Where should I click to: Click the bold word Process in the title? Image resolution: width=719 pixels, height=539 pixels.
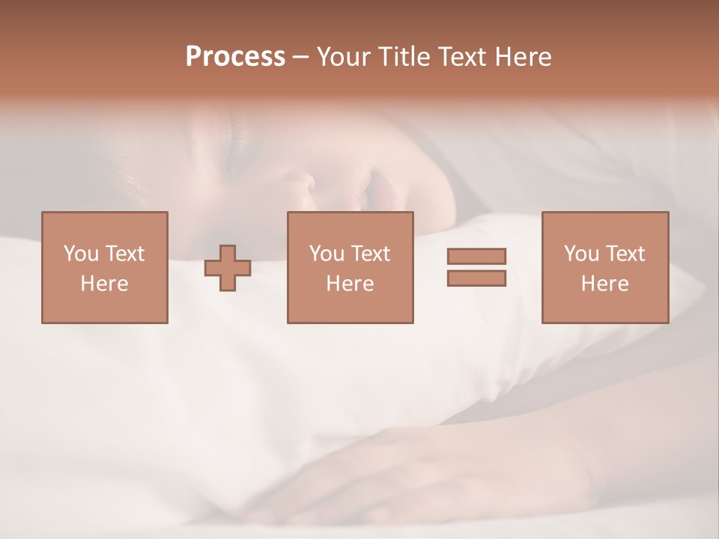(235, 57)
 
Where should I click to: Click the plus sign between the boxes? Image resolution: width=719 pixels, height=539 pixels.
(228, 268)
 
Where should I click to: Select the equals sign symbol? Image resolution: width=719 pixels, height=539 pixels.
(476, 267)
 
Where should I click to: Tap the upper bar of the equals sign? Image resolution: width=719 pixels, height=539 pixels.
(476, 256)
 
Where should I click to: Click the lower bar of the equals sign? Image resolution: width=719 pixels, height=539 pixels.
(476, 278)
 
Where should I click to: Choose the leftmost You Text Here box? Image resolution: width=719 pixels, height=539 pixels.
(104, 267)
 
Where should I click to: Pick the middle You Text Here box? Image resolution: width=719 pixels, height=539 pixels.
(350, 267)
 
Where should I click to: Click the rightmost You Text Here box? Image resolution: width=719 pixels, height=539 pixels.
(604, 267)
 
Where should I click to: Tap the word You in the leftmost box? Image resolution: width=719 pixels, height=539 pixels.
(80, 254)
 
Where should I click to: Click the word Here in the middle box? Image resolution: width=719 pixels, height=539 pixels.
(350, 284)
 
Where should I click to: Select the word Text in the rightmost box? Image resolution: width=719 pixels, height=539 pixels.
(625, 254)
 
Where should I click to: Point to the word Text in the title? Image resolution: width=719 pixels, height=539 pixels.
(460, 57)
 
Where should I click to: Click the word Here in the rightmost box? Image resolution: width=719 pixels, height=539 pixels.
(604, 284)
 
